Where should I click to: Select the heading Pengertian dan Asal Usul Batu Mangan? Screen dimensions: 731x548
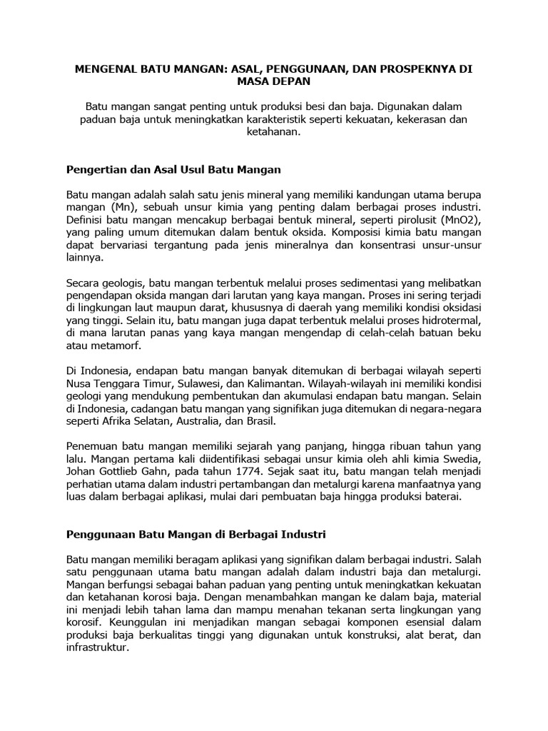tap(174, 170)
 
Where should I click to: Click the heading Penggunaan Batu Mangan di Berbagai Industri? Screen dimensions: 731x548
tap(196, 533)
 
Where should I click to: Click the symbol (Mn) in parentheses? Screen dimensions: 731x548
tap(123, 207)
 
